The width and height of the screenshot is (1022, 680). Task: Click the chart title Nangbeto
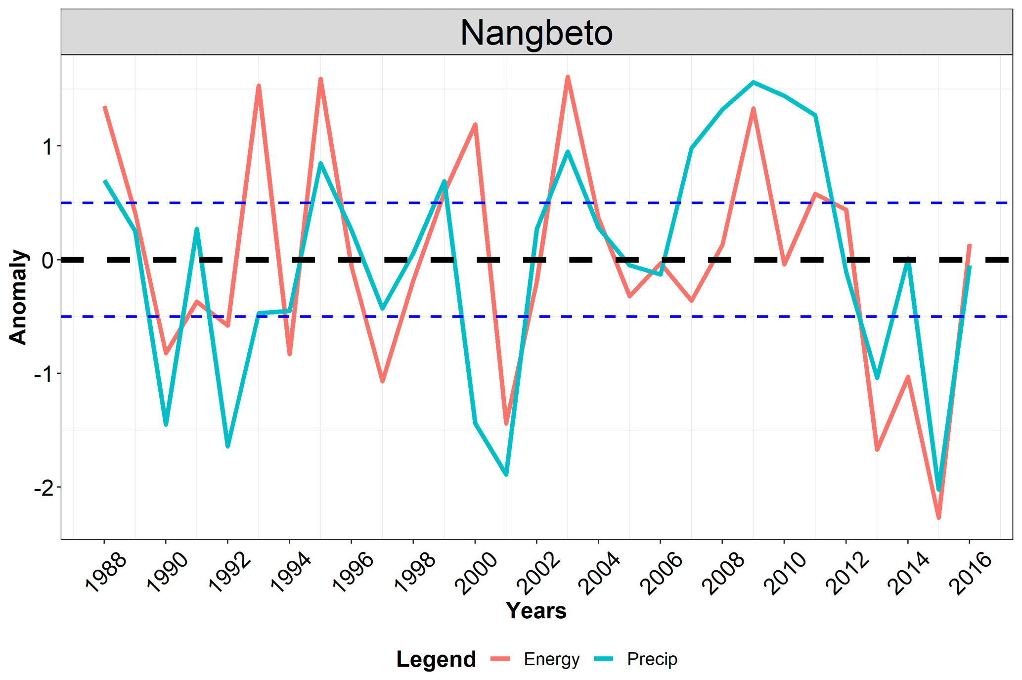(x=536, y=33)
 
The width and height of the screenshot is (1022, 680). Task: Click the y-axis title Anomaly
(x=18, y=297)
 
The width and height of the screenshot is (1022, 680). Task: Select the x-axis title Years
(x=536, y=611)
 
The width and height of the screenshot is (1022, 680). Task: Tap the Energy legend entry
(x=551, y=659)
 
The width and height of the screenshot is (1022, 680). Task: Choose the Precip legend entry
(x=652, y=659)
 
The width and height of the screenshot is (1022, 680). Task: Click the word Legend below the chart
(x=436, y=659)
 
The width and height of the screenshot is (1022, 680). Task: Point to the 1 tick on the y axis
(x=47, y=146)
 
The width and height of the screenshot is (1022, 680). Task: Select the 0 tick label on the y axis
(x=47, y=260)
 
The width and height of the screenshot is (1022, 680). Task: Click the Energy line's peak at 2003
(x=568, y=77)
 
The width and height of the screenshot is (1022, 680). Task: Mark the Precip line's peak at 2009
(x=753, y=82)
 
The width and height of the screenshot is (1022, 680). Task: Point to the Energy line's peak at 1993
(x=259, y=86)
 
